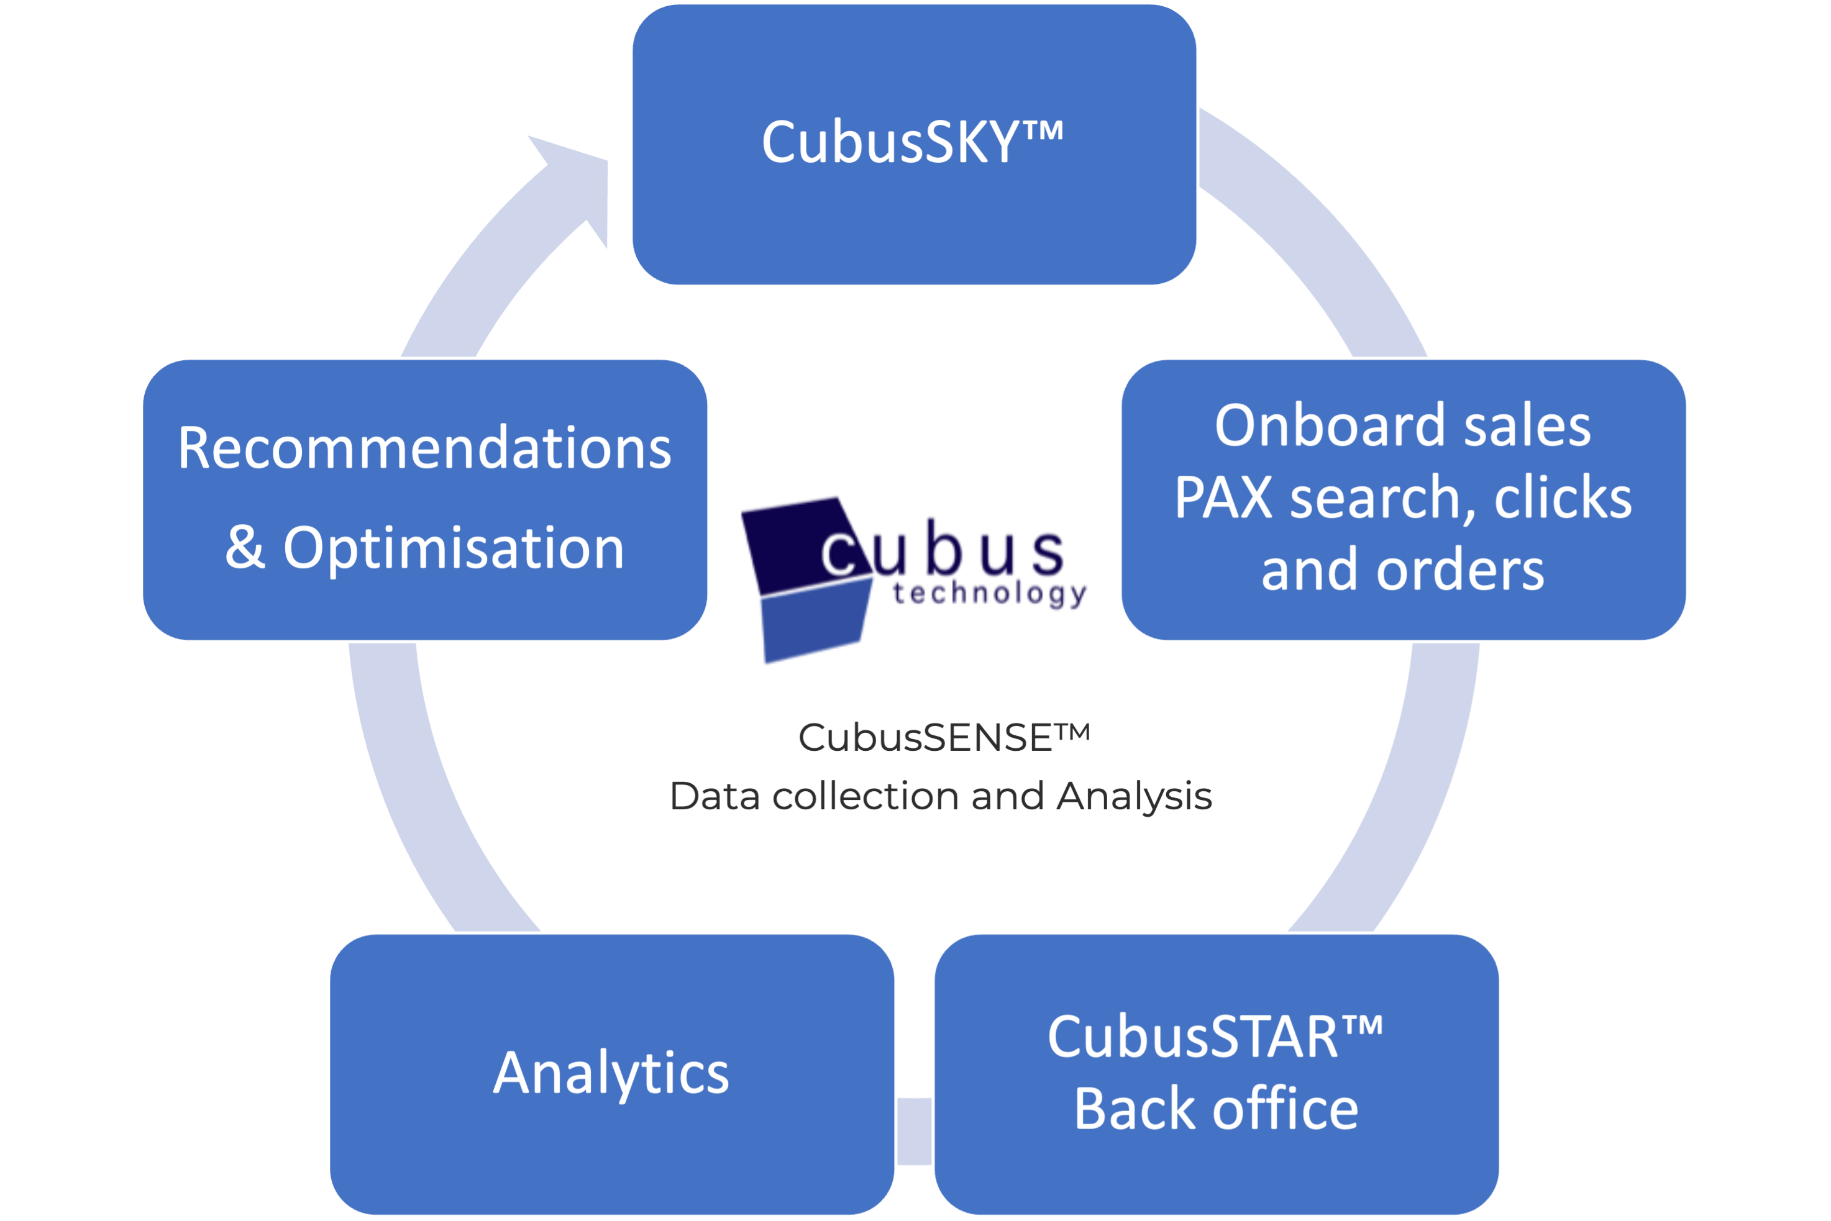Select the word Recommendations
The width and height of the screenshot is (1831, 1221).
tap(424, 448)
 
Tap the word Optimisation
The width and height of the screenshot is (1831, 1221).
tap(454, 548)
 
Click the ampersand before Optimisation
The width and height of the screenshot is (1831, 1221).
tap(245, 548)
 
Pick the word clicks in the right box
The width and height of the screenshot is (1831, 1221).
tap(1563, 498)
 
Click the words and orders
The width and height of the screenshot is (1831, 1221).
tap(1402, 571)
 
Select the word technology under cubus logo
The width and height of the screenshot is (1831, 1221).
tap(989, 595)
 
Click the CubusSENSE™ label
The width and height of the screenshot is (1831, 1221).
tap(943, 737)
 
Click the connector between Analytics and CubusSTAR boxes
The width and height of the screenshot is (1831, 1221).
tap(915, 1132)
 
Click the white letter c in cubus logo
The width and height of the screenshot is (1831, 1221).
tap(838, 555)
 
